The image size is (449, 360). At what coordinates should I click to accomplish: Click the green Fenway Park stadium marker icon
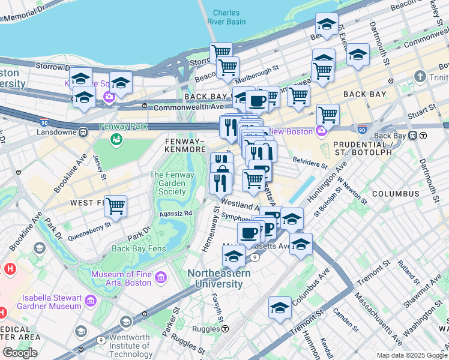[116, 139]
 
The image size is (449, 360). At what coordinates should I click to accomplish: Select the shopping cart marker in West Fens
[115, 206]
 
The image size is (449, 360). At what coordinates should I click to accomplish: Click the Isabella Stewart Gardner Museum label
[52, 302]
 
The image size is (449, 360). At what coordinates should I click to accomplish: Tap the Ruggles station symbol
[224, 329]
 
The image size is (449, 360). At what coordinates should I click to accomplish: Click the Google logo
[20, 353]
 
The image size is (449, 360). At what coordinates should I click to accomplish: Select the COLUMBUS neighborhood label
[396, 194]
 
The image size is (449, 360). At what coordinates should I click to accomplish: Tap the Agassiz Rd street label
[175, 213]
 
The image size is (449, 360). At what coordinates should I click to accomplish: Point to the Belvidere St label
[310, 161]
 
